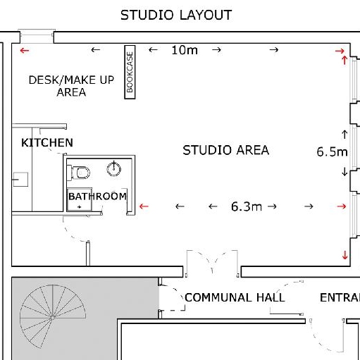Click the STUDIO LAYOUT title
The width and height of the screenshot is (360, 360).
[x=176, y=15]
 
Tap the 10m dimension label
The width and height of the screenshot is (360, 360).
[x=185, y=50]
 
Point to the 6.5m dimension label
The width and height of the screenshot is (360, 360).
[x=332, y=151]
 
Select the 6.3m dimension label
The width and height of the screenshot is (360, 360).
[x=247, y=206]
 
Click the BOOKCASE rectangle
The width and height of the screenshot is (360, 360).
[x=130, y=72]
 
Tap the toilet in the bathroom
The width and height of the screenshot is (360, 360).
[x=79, y=173]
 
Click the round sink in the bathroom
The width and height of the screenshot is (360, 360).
[x=114, y=169]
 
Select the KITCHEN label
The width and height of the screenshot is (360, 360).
[x=47, y=143]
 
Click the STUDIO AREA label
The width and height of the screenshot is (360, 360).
[x=225, y=150]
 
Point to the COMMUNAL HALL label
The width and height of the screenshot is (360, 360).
[x=235, y=297]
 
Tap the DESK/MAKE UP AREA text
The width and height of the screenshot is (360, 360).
[x=71, y=86]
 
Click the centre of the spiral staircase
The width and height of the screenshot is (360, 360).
[x=53, y=317]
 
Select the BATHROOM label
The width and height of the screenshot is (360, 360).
[x=97, y=197]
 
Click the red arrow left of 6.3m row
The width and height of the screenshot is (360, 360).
[x=144, y=206]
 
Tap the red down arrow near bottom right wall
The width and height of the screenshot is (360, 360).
[x=345, y=255]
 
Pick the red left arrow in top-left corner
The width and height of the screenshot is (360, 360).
[x=25, y=50]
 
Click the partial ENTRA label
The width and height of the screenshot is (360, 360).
[x=340, y=297]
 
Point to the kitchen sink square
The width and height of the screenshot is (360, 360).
[x=20, y=180]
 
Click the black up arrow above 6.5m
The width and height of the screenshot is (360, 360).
[x=345, y=135]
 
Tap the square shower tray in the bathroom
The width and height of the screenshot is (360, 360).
[x=80, y=199]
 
